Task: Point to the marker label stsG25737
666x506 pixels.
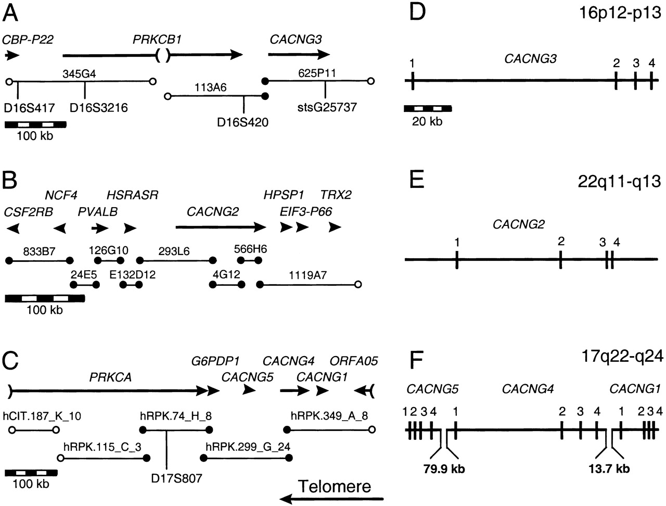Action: click(325, 108)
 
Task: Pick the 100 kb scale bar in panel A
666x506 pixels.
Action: click(35, 124)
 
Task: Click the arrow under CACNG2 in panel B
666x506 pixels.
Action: click(221, 227)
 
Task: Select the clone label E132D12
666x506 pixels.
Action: click(130, 275)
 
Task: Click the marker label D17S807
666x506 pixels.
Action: click(166, 476)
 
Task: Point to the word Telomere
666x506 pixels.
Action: click(334, 486)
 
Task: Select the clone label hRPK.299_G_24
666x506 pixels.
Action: click(248, 447)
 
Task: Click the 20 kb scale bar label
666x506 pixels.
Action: click(428, 121)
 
